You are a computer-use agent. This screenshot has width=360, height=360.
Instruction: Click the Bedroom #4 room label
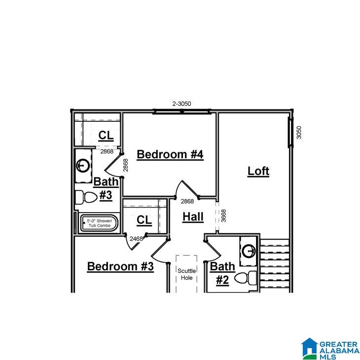pyautogui.click(x=170, y=154)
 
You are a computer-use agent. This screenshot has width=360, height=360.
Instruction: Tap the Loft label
pyautogui.click(x=258, y=171)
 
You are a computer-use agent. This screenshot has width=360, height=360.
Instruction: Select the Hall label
pyautogui.click(x=192, y=216)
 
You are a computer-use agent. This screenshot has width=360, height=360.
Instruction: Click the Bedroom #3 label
pyautogui.click(x=120, y=266)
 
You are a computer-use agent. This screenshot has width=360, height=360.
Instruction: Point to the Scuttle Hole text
pyautogui.click(x=187, y=274)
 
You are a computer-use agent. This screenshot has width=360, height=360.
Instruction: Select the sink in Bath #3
pyautogui.click(x=83, y=165)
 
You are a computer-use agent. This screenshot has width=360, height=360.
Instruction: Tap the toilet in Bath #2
pyautogui.click(x=247, y=278)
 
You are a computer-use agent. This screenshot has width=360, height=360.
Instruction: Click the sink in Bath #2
pyautogui.click(x=249, y=252)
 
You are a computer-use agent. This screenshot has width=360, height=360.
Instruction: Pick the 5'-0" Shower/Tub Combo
pyautogui.click(x=100, y=223)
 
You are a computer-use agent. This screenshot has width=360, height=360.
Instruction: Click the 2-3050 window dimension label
pyautogui.click(x=181, y=104)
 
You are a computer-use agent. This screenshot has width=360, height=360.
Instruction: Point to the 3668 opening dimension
pyautogui.click(x=223, y=215)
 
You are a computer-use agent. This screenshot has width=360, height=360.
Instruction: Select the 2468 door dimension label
pyautogui.click(x=136, y=239)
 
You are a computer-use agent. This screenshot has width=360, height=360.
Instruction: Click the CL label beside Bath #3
pyautogui.click(x=106, y=135)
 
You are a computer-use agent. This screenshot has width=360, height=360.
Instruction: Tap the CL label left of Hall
pyautogui.click(x=144, y=220)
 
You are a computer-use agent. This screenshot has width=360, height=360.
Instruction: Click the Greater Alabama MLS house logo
pyautogui.click(x=310, y=348)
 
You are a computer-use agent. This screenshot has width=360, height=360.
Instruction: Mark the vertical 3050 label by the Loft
pyautogui.click(x=298, y=132)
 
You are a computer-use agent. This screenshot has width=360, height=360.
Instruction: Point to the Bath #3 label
pyautogui.click(x=106, y=188)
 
